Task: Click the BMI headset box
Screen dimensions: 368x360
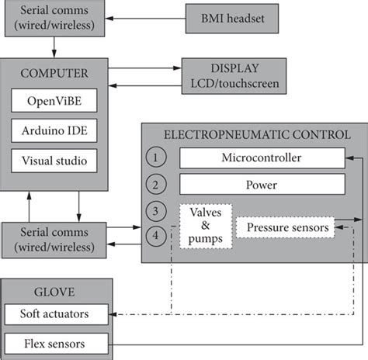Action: (232, 19)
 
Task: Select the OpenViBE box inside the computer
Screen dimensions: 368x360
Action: (54, 100)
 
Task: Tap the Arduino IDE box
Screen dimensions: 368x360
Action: (54, 130)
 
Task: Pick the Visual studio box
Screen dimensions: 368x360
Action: (54, 161)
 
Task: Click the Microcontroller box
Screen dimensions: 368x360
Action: (262, 158)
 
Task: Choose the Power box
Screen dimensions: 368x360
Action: (262, 185)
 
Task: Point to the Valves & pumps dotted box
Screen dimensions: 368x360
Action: (206, 227)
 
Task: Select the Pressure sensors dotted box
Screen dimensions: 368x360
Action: (285, 227)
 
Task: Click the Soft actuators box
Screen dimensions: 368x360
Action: (57, 314)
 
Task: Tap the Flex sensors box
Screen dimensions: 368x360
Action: (57, 344)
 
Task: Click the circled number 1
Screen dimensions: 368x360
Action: (156, 157)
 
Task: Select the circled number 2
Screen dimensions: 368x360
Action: (156, 185)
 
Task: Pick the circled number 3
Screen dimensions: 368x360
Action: (156, 211)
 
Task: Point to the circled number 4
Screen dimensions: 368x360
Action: (156, 236)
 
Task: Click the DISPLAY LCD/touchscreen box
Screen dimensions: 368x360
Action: (234, 76)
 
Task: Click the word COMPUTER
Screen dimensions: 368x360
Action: (54, 74)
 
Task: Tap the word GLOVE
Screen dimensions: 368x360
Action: (54, 292)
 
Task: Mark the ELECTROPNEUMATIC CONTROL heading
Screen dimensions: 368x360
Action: (257, 135)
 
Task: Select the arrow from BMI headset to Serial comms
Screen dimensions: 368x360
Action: (145, 19)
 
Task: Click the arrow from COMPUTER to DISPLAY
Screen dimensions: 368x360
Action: (145, 68)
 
